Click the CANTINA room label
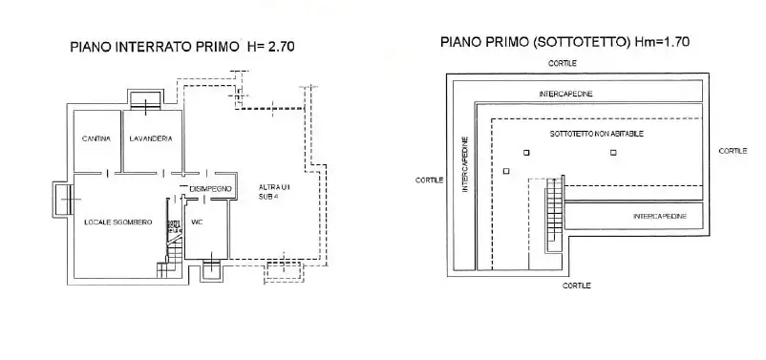[96, 139]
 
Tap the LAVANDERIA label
[151, 139]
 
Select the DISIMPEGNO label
[211, 189]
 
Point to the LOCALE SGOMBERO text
[111, 222]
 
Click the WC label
[197, 222]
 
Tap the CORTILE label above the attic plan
[563, 63]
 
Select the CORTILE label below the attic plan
[576, 286]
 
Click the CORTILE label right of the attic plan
[733, 151]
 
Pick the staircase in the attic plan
[552, 216]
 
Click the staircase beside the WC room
[176, 248]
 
